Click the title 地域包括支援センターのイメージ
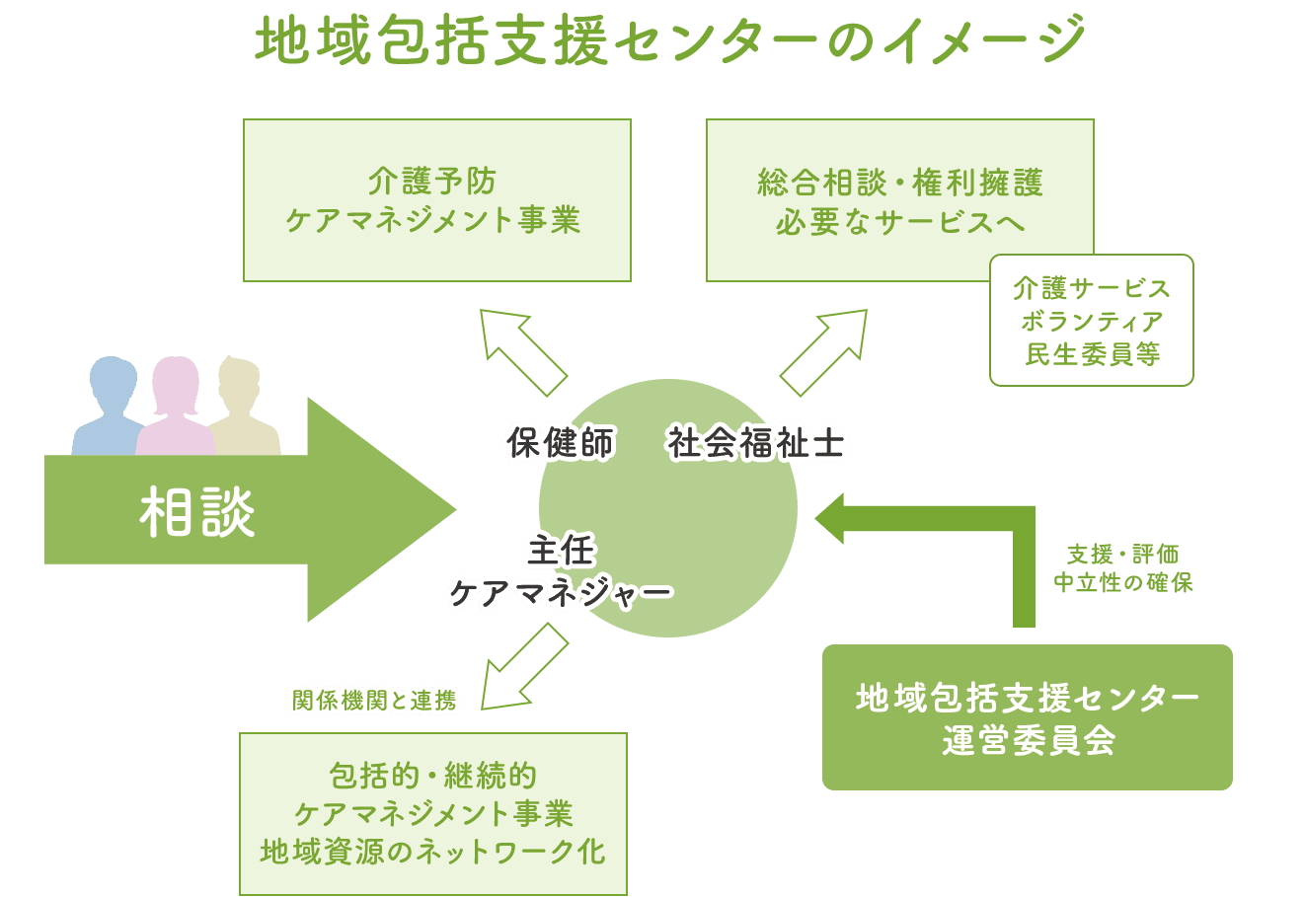point(670,41)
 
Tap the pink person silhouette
point(176,410)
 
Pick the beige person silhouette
point(242,410)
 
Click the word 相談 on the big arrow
point(197,511)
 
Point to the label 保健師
point(560,443)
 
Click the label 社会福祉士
point(756,443)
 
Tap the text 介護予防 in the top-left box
point(432,182)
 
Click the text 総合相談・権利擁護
point(899,184)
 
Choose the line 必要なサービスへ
point(899,222)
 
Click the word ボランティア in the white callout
point(1091,322)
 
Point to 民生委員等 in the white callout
point(1091,354)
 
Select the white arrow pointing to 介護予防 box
point(520,349)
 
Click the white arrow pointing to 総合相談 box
point(825,349)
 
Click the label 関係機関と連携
point(374,701)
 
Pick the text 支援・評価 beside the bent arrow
point(1122,555)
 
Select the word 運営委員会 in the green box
point(1028,740)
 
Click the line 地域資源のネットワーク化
point(432,852)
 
